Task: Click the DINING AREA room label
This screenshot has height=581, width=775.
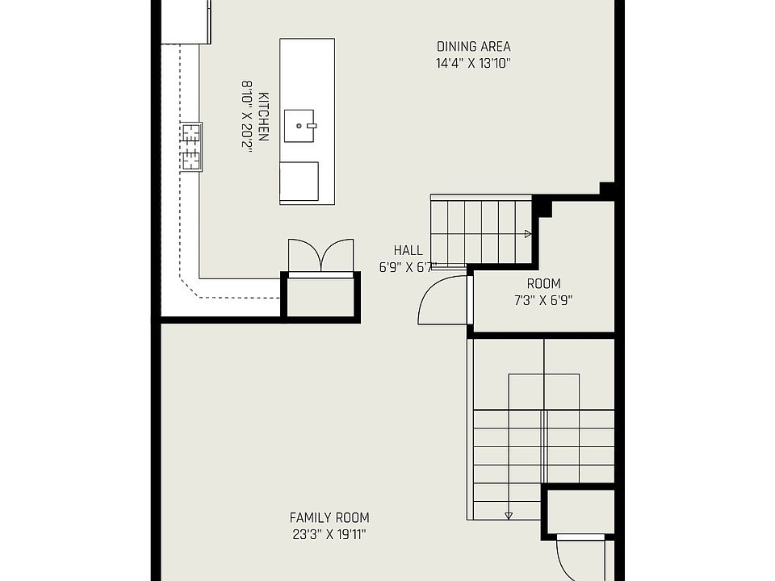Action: (x=473, y=47)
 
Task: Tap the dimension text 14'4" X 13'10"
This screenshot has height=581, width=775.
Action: (x=473, y=62)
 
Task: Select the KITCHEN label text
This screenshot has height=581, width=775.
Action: (x=263, y=114)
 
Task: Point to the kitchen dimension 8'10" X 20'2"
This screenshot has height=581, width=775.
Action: (x=247, y=115)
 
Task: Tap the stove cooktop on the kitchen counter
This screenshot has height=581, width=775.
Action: (x=191, y=147)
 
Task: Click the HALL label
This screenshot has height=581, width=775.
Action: (x=408, y=250)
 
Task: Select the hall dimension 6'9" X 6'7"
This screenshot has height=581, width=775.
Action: (x=408, y=266)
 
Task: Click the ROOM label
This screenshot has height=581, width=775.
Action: (x=543, y=284)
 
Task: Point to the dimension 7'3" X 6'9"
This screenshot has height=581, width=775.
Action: (x=543, y=299)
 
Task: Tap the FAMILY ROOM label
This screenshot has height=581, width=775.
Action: (x=329, y=518)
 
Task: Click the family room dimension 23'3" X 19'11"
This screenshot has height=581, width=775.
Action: (x=329, y=533)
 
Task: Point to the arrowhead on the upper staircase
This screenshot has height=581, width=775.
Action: (x=528, y=234)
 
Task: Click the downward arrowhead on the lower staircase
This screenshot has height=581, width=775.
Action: (x=509, y=516)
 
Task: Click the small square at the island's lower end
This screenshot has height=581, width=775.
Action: (x=299, y=181)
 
